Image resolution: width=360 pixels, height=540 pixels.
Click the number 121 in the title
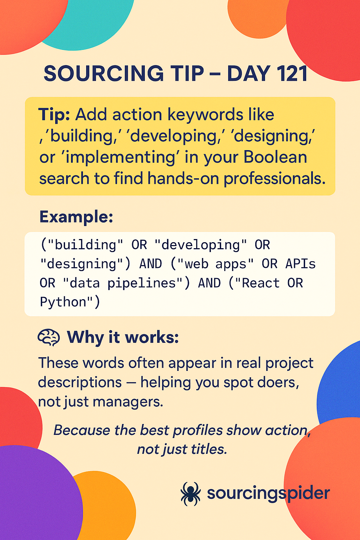291,74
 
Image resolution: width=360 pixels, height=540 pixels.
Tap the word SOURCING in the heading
103,74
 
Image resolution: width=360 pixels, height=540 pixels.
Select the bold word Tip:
54,115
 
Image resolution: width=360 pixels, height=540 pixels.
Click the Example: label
76,217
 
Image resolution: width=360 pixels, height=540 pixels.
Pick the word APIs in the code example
300,264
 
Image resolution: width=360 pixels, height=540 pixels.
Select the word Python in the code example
63,302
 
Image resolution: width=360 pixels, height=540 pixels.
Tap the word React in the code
261,283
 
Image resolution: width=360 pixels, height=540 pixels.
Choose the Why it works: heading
123,337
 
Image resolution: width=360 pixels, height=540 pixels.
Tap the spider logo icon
191,494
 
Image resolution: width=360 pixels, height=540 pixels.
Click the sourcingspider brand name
268,494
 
